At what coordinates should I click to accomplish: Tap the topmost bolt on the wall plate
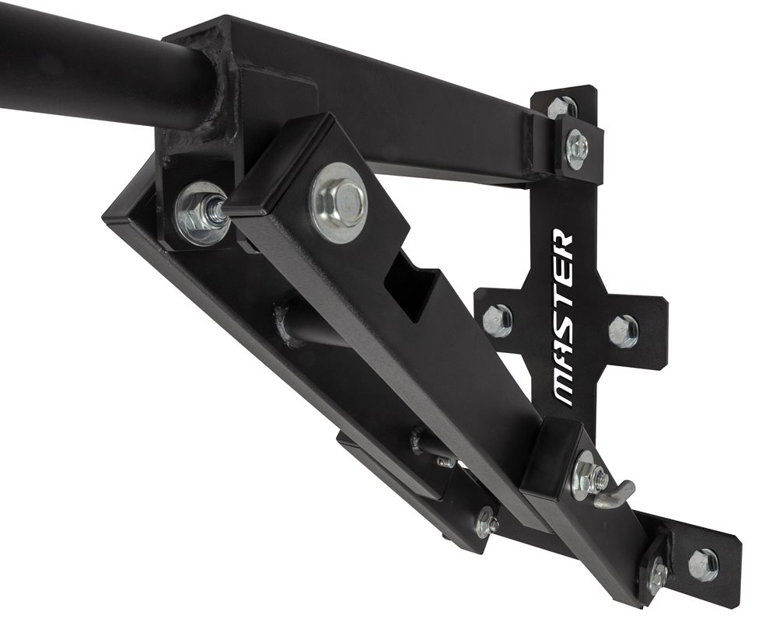562,107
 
